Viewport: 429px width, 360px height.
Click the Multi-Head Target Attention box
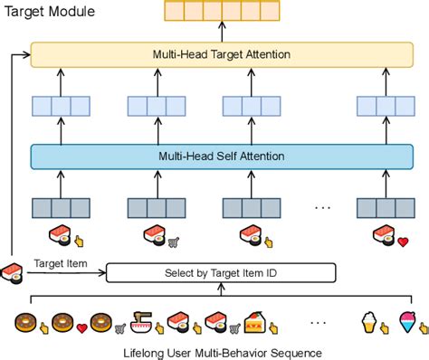coord(221,54)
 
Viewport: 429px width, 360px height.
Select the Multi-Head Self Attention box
coord(221,156)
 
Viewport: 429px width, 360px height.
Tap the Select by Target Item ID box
coord(221,272)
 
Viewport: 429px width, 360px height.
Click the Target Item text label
coord(61,263)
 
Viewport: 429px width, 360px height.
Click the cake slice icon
coord(254,321)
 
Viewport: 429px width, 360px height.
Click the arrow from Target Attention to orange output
coord(221,32)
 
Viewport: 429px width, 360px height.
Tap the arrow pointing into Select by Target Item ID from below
coord(221,289)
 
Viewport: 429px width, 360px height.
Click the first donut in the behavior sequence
coord(26,321)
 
